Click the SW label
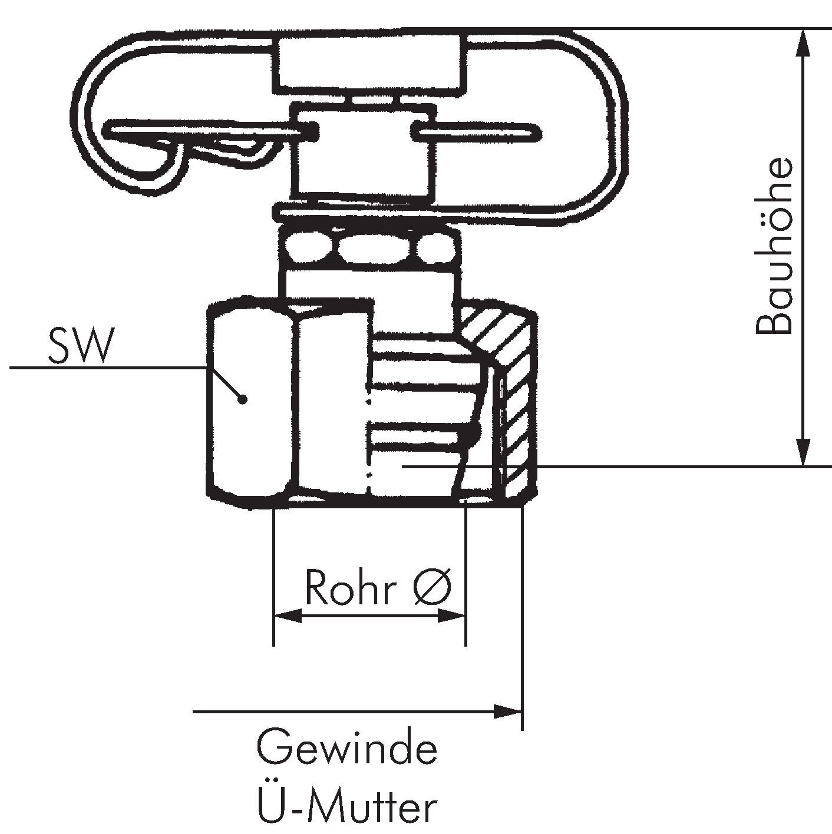pyautogui.click(x=80, y=346)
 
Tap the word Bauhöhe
pyautogui.click(x=774, y=246)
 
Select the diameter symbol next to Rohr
pyautogui.click(x=432, y=587)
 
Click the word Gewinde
pyautogui.click(x=347, y=748)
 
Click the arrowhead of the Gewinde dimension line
pyautogui.click(x=508, y=711)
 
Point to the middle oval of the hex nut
pyautogui.click(x=367, y=247)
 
